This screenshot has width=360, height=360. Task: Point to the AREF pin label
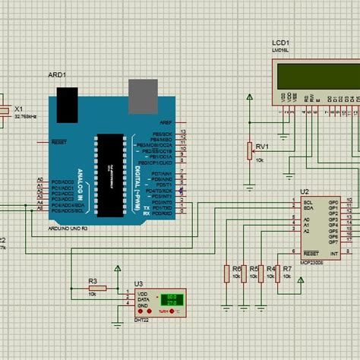point(166,122)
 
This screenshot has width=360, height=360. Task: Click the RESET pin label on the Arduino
point(58,141)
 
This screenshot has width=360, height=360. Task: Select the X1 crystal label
point(20,109)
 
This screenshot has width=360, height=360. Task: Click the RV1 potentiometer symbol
point(249,150)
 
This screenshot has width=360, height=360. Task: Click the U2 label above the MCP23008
point(305,191)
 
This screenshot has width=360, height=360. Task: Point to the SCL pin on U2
point(308,203)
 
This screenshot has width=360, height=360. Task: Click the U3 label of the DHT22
point(138,283)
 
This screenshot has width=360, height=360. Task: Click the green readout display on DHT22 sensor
point(172,299)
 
